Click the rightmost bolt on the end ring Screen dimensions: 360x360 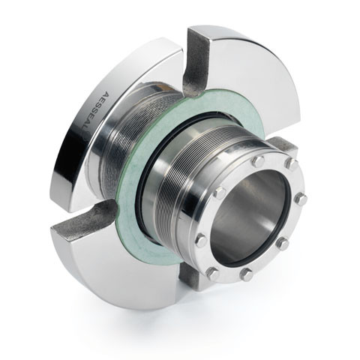tap(301, 200)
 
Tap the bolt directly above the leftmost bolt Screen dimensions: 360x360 tap(218, 193)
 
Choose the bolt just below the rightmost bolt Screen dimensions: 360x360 tap(283, 243)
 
